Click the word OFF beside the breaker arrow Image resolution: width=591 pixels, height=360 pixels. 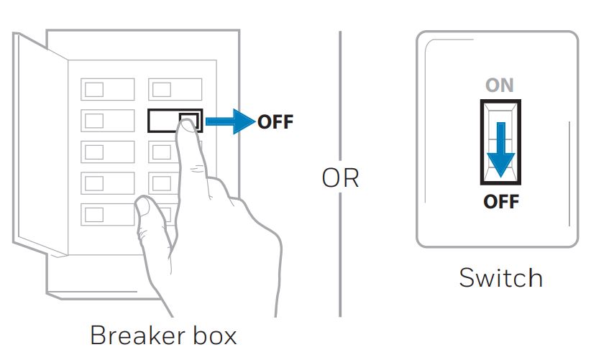click(x=275, y=121)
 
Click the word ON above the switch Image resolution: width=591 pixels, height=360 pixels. click(x=500, y=86)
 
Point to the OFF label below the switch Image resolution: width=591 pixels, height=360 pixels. click(x=500, y=201)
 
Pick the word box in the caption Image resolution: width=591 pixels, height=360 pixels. click(x=210, y=336)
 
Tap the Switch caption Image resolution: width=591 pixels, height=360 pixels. click(x=500, y=277)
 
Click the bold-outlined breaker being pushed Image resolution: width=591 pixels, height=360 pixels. click(x=175, y=121)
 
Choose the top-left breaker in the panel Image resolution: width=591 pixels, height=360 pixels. click(x=107, y=90)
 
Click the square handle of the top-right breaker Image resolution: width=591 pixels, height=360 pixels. click(x=162, y=90)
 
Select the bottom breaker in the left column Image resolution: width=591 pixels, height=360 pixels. click(x=107, y=214)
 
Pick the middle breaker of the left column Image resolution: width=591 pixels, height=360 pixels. click(x=107, y=152)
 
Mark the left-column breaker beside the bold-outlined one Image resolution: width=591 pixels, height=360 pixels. click(x=107, y=121)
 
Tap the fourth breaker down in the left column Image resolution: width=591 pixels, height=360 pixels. click(x=107, y=183)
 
